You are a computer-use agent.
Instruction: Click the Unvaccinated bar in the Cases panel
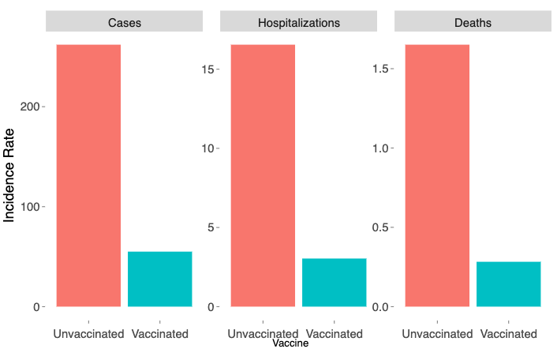pyautogui.click(x=89, y=175)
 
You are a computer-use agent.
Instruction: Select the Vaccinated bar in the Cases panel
pyautogui.click(x=160, y=279)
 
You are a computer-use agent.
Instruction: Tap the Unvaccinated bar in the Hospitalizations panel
pyautogui.click(x=263, y=175)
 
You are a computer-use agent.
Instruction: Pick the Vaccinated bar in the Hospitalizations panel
pyautogui.click(x=335, y=282)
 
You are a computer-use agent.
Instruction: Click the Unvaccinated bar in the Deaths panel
pyautogui.click(x=437, y=175)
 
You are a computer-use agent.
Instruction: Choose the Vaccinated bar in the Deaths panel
pyautogui.click(x=509, y=283)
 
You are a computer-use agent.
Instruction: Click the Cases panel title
pyautogui.click(x=125, y=22)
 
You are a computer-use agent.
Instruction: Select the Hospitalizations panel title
pyautogui.click(x=299, y=22)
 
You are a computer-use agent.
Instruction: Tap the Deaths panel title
pyautogui.click(x=473, y=22)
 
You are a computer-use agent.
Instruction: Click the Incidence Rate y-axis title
pyautogui.click(x=11, y=175)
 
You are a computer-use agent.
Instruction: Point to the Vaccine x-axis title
pyautogui.click(x=290, y=343)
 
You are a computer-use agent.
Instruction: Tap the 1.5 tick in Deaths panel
pyautogui.click(x=379, y=69)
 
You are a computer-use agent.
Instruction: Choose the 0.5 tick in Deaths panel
pyautogui.click(x=379, y=227)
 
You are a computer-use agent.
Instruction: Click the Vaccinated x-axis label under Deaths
pyautogui.click(x=509, y=334)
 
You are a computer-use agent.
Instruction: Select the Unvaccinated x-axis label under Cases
pyautogui.click(x=89, y=334)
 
